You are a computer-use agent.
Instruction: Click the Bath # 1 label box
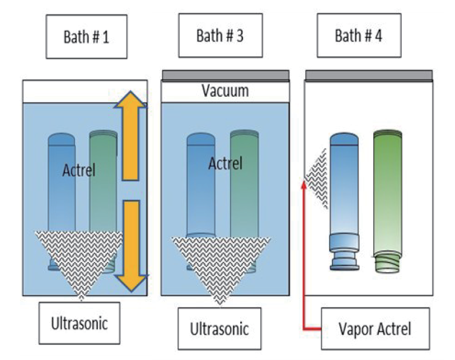pyautogui.click(x=86, y=37)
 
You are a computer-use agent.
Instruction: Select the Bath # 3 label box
pyautogui.click(x=220, y=36)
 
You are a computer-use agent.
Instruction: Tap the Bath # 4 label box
pyautogui.click(x=359, y=36)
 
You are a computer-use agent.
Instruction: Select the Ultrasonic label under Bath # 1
pyautogui.click(x=79, y=323)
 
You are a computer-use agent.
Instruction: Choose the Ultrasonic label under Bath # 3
pyautogui.click(x=220, y=328)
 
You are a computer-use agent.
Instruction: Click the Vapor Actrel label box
pyautogui.click(x=376, y=328)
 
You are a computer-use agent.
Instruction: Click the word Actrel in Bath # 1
pyautogui.click(x=79, y=170)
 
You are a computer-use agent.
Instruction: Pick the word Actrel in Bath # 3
pyautogui.click(x=226, y=164)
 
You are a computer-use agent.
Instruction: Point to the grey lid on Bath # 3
pyautogui.click(x=226, y=76)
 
